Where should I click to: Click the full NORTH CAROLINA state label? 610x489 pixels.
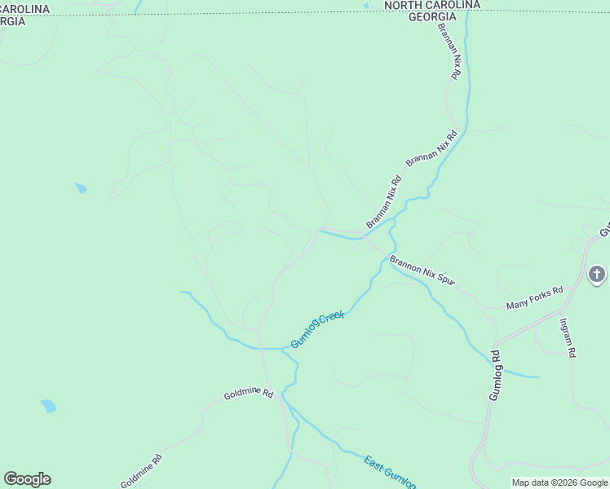[431, 6]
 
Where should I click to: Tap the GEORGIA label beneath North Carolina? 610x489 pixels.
[431, 17]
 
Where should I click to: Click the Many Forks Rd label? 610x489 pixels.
[534, 298]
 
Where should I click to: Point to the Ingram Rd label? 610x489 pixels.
[568, 337]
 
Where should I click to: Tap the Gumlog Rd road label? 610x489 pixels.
[494, 375]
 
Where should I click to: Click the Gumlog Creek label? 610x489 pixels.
[318, 328]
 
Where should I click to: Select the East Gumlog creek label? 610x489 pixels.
[390, 473]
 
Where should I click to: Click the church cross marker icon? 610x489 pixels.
[597, 275]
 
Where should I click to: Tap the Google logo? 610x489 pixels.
[27, 479]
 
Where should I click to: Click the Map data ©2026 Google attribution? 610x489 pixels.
[559, 483]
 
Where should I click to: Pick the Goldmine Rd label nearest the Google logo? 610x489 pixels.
[141, 471]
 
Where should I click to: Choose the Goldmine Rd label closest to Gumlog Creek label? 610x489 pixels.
[249, 393]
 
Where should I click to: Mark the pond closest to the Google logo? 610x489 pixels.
[49, 405]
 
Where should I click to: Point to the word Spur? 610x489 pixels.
[444, 280]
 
